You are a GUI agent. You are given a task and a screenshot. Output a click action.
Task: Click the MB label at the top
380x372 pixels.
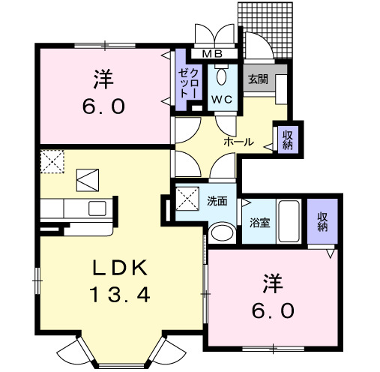[213, 54]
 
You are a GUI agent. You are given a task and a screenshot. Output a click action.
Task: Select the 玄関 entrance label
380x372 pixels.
[259, 79]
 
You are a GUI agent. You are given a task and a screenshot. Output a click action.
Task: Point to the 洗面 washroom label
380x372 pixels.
[217, 200]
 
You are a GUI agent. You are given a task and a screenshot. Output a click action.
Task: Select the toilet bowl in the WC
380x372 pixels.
[221, 76]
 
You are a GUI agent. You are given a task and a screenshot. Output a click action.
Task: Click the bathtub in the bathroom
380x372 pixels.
[289, 222]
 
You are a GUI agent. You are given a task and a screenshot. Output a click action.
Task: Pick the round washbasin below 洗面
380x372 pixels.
[220, 233]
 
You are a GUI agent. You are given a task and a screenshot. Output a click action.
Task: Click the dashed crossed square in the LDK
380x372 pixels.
[52, 161]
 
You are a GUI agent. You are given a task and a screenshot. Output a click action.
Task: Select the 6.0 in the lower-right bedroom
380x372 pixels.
[273, 309]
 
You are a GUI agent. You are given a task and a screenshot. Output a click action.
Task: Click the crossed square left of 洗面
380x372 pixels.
[185, 200]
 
